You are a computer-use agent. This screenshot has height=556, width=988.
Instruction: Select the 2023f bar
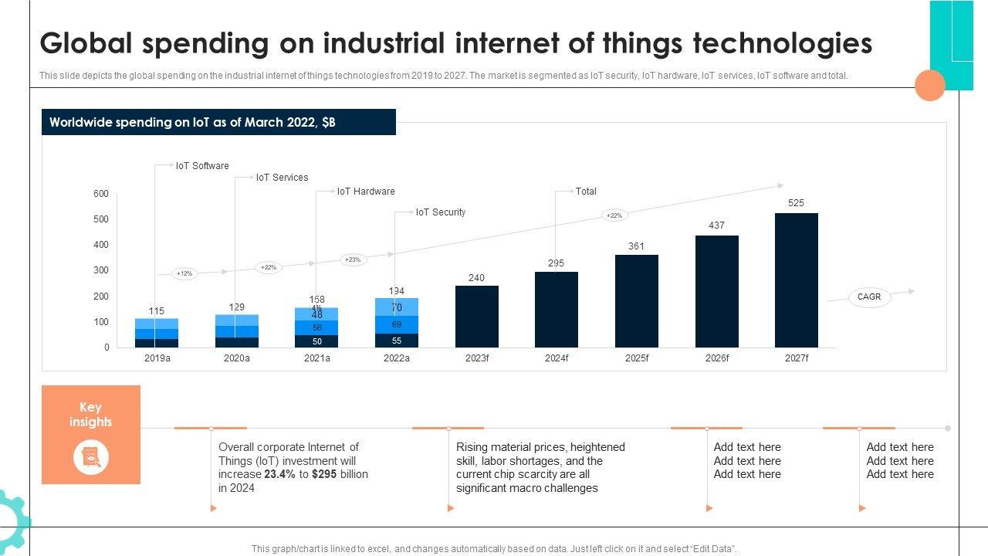click(x=476, y=317)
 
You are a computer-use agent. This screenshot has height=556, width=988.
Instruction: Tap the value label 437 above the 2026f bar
click(x=717, y=225)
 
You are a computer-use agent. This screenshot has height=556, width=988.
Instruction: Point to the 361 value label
click(x=636, y=246)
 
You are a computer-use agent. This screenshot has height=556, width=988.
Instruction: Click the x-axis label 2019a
click(x=157, y=358)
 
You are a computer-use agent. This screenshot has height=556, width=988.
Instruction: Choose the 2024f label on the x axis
click(x=557, y=358)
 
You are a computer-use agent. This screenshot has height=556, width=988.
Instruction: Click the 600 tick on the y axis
click(x=101, y=194)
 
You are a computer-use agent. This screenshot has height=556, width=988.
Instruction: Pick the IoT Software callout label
click(x=202, y=166)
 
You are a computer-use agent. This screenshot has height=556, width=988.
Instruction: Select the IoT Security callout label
click(x=441, y=212)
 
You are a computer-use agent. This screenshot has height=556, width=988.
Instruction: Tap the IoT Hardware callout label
click(x=366, y=192)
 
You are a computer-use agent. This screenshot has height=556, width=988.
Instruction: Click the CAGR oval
click(x=869, y=297)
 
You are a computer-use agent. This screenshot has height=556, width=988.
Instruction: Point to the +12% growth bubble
click(x=184, y=273)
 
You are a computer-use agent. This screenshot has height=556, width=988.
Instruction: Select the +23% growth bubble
click(x=353, y=260)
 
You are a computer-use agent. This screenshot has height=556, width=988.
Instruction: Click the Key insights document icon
click(x=91, y=458)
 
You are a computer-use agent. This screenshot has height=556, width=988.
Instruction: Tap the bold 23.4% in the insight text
click(x=280, y=474)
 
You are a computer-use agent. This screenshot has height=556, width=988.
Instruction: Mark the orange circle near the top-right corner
click(x=930, y=85)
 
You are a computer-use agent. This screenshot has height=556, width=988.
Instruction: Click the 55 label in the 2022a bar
click(x=397, y=341)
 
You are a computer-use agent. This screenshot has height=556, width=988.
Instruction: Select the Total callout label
click(x=586, y=192)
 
